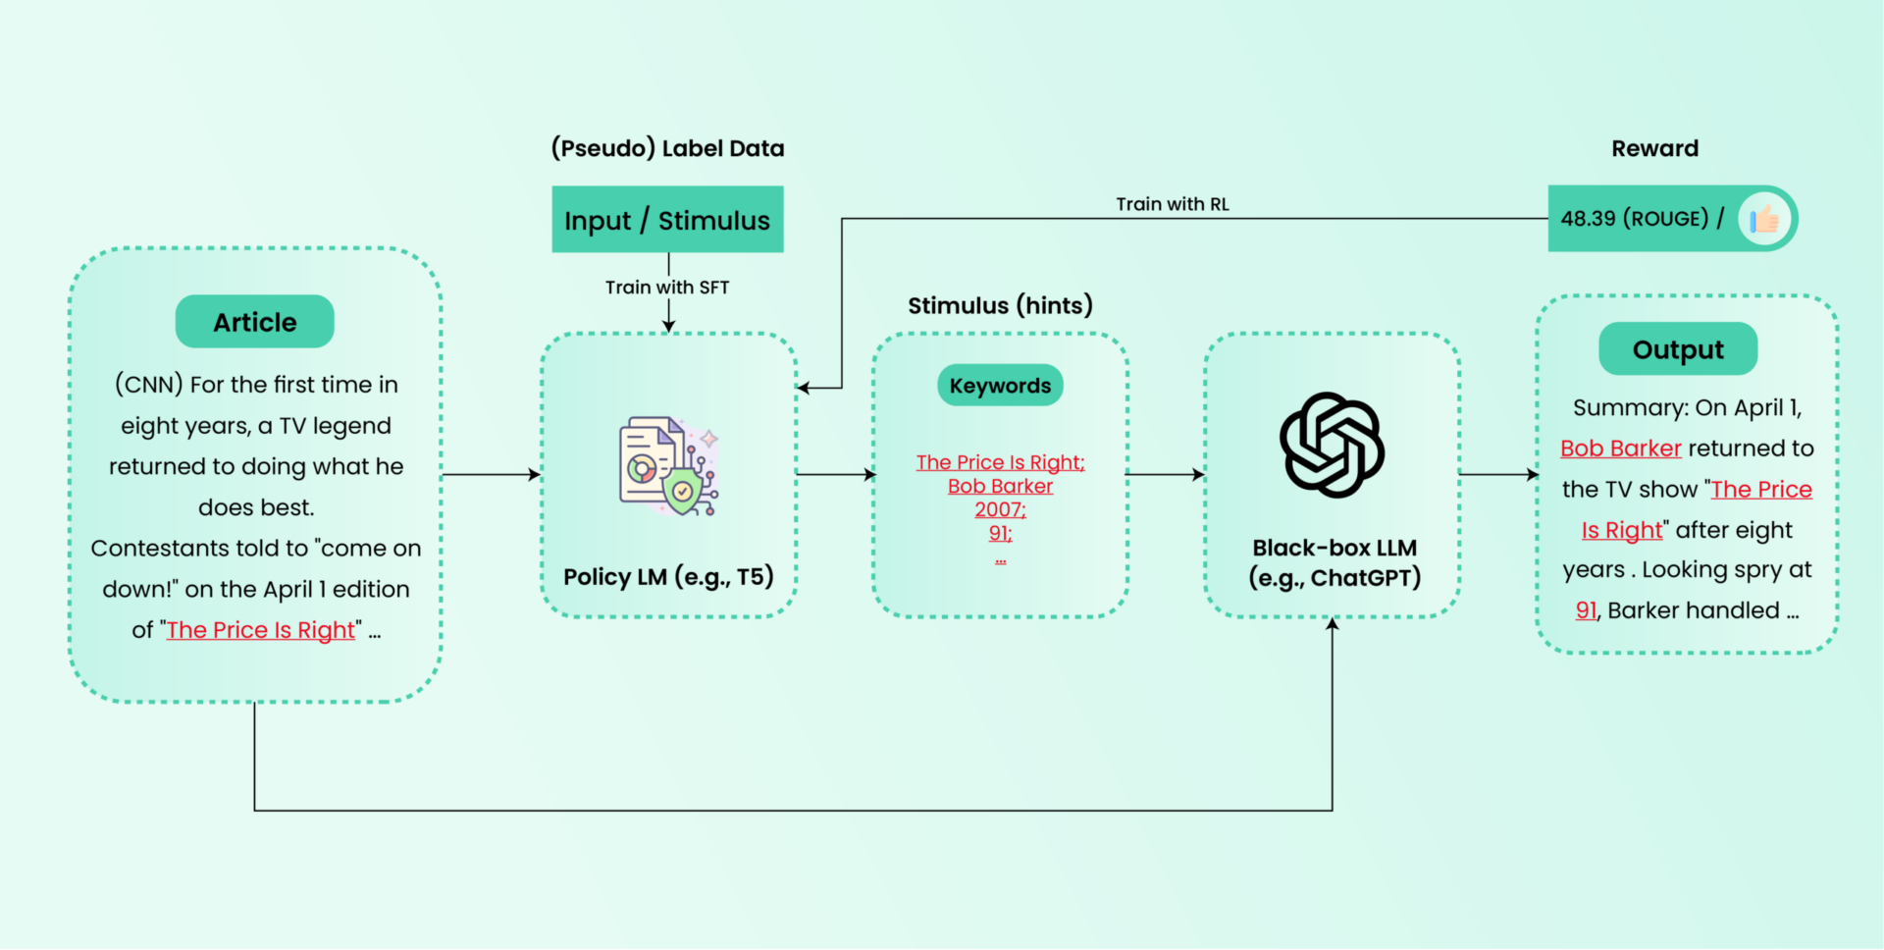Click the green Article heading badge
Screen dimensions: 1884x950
pos(255,322)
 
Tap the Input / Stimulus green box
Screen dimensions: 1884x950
pos(667,220)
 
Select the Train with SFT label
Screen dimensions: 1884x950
pos(667,288)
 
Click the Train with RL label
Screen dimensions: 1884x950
pos(1173,204)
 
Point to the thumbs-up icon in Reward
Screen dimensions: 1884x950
pos(1764,219)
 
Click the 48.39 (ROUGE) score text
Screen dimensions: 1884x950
pos(1635,218)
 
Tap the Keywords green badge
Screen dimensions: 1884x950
pos(1000,386)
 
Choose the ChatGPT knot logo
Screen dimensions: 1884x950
pos(1332,445)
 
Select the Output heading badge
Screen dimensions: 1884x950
pos(1678,349)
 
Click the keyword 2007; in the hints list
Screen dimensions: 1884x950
pos(1000,509)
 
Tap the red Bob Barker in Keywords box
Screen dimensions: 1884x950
pos(1000,486)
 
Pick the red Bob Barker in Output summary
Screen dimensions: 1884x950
pos(1621,449)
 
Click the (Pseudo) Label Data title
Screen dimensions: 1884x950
pos(667,148)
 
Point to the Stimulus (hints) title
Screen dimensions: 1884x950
pos(1000,305)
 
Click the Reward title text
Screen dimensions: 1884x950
pos(1654,148)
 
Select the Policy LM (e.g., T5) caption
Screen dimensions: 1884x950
pos(668,577)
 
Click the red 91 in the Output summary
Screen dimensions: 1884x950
pos(1586,610)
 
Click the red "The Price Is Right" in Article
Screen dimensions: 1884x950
pos(260,630)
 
